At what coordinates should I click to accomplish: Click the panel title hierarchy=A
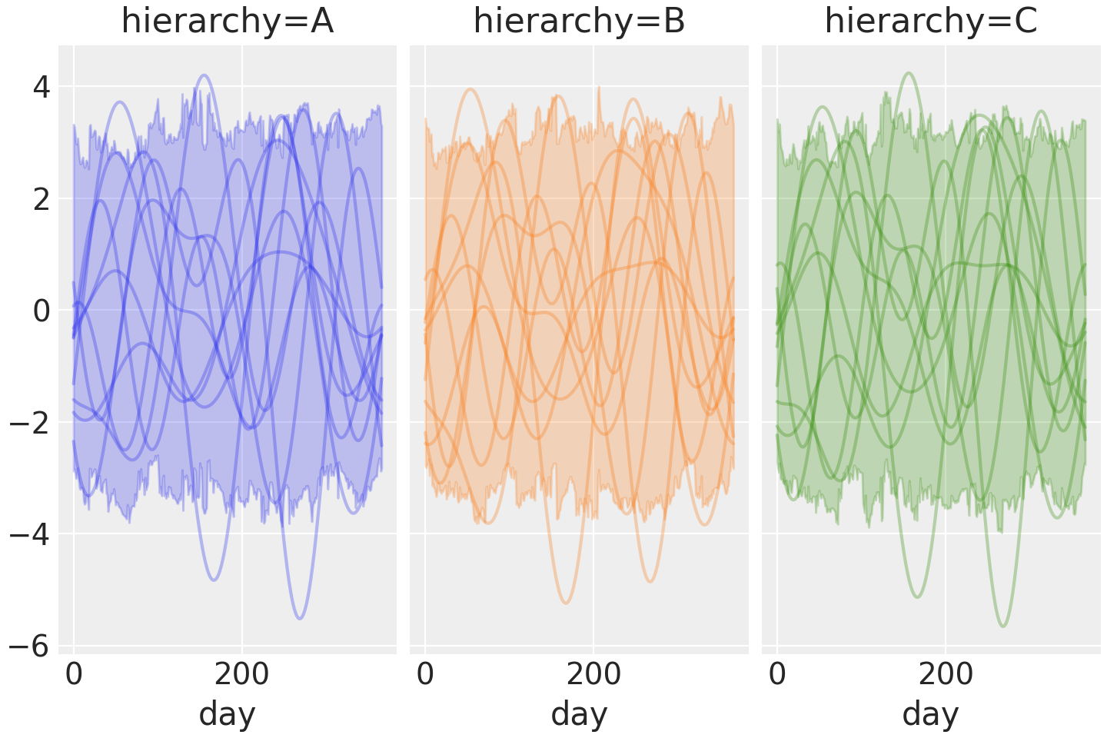pyautogui.click(x=228, y=22)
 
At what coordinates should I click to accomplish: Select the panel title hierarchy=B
pyautogui.click(x=579, y=22)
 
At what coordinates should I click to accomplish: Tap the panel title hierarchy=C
pyautogui.click(x=931, y=22)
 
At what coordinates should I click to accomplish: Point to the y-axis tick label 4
pyautogui.click(x=41, y=88)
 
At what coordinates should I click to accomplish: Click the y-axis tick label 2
pyautogui.click(x=41, y=199)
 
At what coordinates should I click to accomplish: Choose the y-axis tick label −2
pyautogui.click(x=30, y=423)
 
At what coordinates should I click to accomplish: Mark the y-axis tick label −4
pyautogui.click(x=30, y=534)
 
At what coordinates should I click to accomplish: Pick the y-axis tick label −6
pyautogui.click(x=30, y=647)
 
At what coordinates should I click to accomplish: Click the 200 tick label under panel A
pyautogui.click(x=241, y=675)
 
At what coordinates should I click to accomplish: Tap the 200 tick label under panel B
pyautogui.click(x=593, y=675)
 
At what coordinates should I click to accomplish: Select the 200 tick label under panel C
pyautogui.click(x=946, y=675)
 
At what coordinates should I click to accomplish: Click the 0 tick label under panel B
pyautogui.click(x=425, y=675)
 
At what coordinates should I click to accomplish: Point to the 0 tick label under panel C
pyautogui.click(x=777, y=675)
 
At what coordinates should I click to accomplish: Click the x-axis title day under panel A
pyautogui.click(x=228, y=714)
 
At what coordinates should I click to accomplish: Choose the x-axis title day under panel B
pyautogui.click(x=579, y=714)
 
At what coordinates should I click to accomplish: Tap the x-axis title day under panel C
pyautogui.click(x=931, y=714)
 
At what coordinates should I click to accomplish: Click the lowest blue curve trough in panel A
pyautogui.click(x=300, y=618)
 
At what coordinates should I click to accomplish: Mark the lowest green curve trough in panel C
pyautogui.click(x=1003, y=626)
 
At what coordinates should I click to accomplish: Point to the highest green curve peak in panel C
pyautogui.click(x=909, y=74)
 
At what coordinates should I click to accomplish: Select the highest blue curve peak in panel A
pyautogui.click(x=204, y=75)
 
